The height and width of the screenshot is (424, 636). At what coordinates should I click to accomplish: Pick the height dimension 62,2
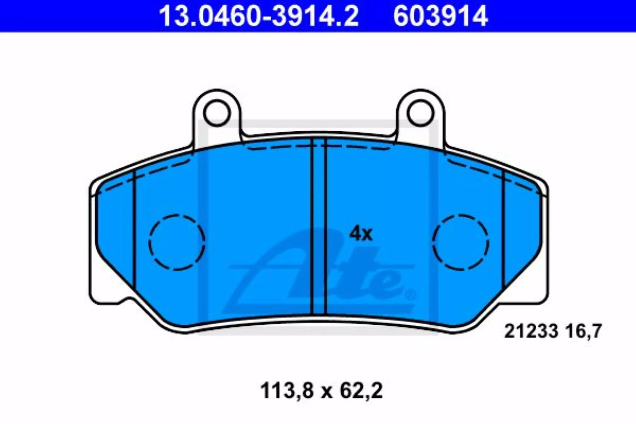pyautogui.click(x=361, y=391)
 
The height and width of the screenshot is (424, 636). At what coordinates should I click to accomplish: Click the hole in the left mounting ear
pyautogui.click(x=217, y=113)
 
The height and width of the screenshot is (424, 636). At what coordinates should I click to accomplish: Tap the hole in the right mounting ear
pyautogui.click(x=421, y=113)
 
